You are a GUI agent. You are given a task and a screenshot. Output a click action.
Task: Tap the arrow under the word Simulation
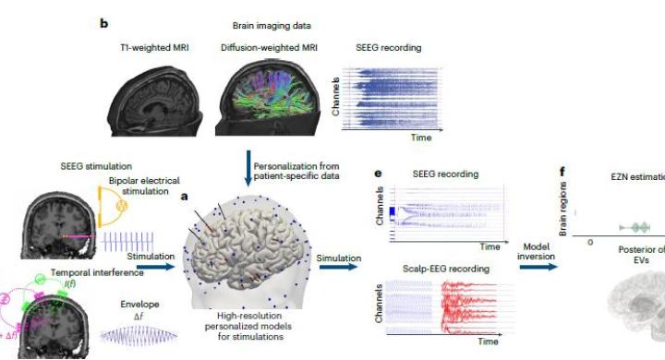[x=338, y=267]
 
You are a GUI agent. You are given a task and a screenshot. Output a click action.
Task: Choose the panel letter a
[x=186, y=197]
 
